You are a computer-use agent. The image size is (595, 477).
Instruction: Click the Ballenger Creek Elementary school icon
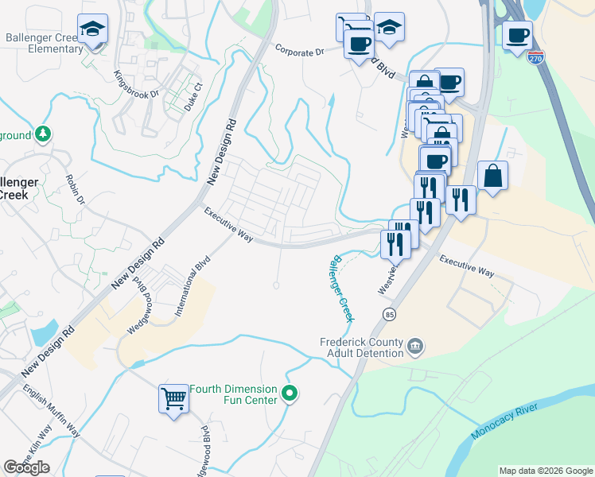(93, 29)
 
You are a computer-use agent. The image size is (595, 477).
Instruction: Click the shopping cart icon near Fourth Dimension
(173, 398)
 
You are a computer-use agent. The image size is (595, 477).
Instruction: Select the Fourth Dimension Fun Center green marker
(290, 394)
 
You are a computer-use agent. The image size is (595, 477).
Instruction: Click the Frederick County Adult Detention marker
(415, 347)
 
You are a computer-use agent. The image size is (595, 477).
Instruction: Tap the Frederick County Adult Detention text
(364, 347)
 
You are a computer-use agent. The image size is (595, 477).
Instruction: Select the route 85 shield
(389, 314)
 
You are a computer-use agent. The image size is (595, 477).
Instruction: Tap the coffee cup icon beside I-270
(517, 36)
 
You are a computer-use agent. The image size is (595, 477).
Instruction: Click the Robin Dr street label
(76, 188)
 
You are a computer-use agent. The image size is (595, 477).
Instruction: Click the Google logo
(26, 467)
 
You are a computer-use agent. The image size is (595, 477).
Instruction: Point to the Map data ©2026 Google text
(546, 471)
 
